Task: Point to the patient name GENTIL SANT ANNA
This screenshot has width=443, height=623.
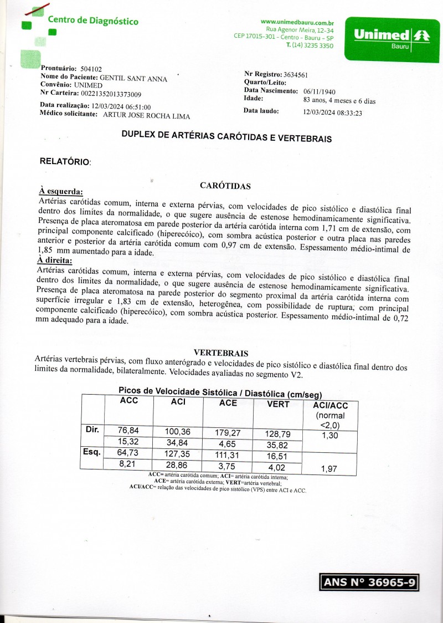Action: [133, 79]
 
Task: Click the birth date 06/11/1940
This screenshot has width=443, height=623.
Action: [320, 91]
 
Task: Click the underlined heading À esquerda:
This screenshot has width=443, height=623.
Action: [60, 191]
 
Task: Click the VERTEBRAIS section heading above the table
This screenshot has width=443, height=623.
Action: [221, 353]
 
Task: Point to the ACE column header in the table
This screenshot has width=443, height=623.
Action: [228, 403]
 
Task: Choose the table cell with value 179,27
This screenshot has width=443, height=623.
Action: [228, 432]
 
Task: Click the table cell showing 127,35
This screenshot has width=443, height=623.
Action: [178, 453]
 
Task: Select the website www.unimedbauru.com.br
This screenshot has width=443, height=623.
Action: [297, 22]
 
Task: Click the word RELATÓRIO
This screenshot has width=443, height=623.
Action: [65, 162]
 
